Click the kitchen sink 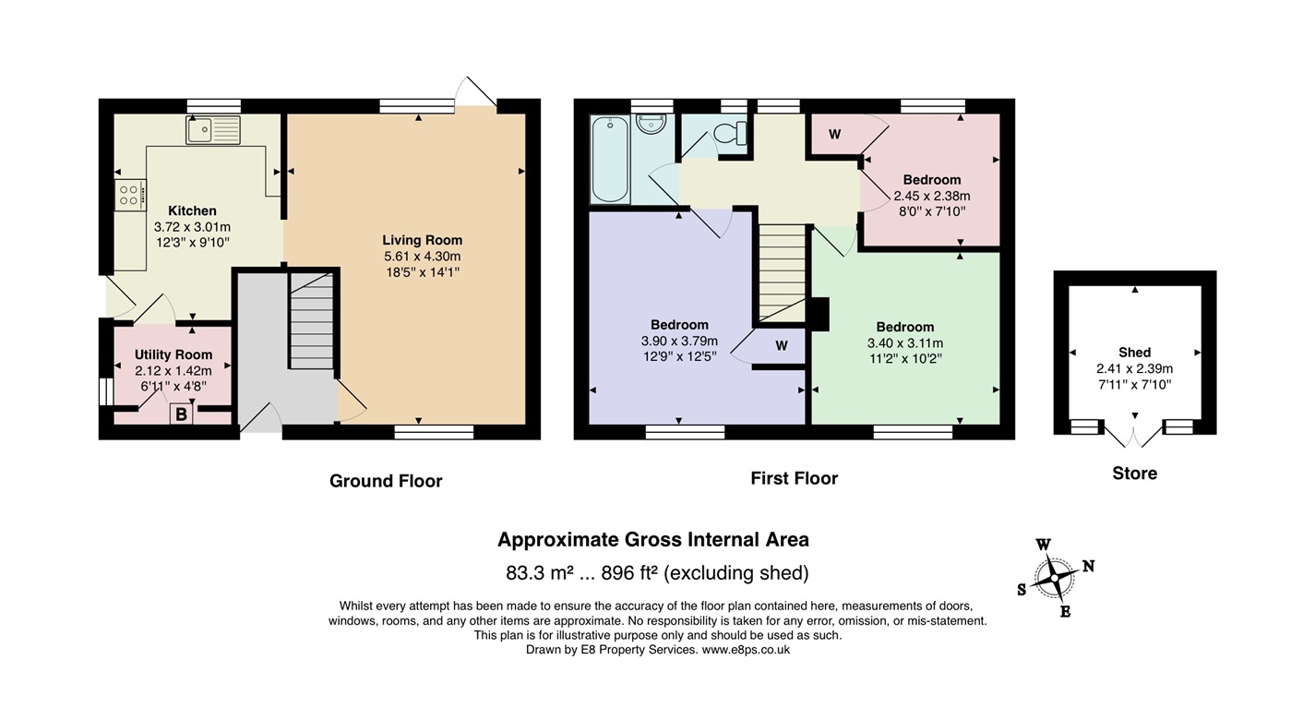[x=213, y=130]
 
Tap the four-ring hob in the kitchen [x=130, y=195]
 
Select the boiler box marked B [x=182, y=414]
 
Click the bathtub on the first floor [x=611, y=159]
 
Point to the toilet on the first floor [x=731, y=133]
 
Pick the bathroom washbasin [x=652, y=125]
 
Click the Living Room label [x=422, y=240]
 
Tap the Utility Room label [x=173, y=354]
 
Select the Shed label [x=1134, y=353]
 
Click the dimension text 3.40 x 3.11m [x=904, y=343]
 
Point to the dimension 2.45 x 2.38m [x=932, y=196]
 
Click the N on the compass [x=1088, y=566]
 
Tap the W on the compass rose [x=1043, y=545]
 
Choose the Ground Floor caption [x=386, y=481]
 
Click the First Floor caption [x=794, y=478]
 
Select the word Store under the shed [x=1134, y=474]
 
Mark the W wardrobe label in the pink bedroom [x=834, y=135]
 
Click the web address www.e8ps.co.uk [x=746, y=650]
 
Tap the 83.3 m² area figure [x=540, y=572]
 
